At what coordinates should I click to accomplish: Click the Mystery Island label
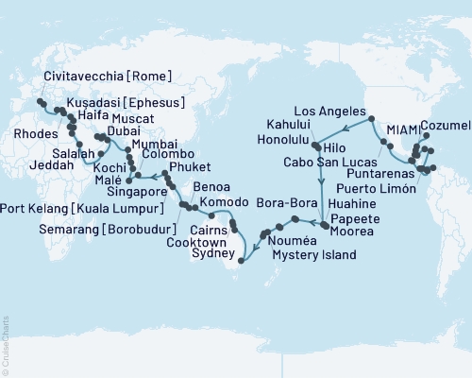312,255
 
